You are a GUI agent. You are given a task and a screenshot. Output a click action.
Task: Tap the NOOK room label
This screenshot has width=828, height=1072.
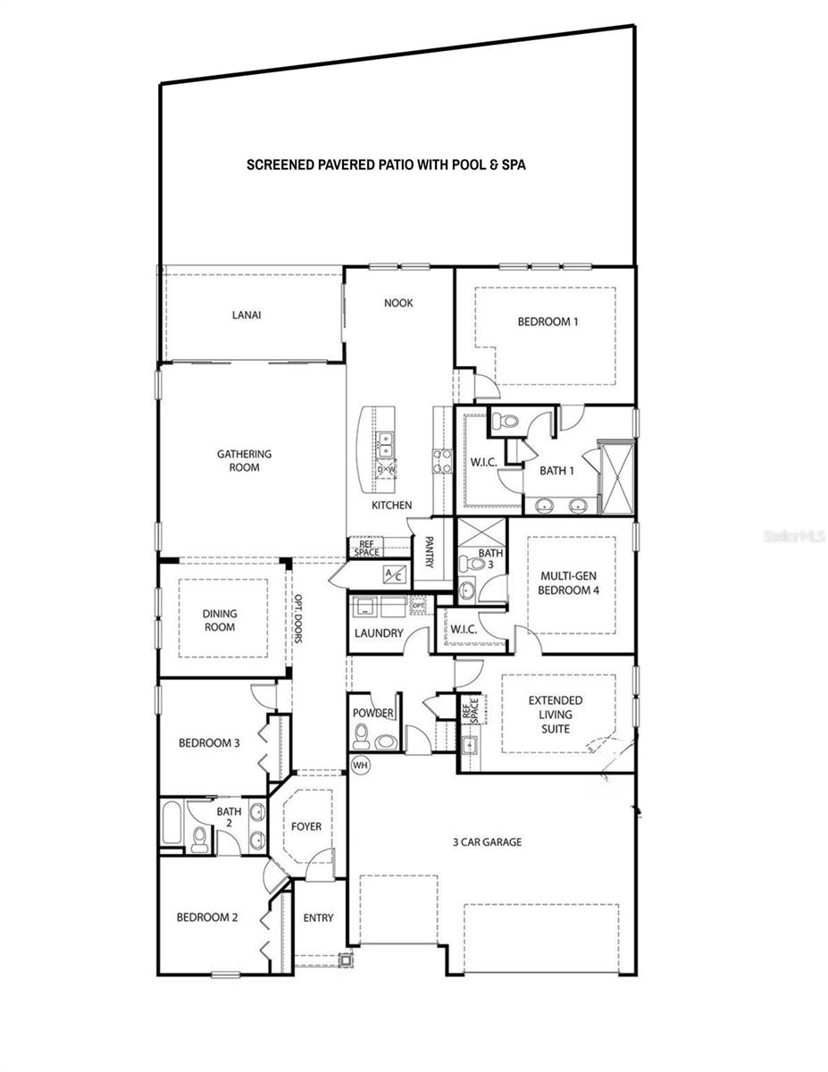pyautogui.click(x=398, y=303)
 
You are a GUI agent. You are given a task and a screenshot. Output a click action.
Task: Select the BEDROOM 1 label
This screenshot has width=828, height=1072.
pyautogui.click(x=548, y=322)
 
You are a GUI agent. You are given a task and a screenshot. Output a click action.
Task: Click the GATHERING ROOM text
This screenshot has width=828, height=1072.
pyautogui.click(x=244, y=460)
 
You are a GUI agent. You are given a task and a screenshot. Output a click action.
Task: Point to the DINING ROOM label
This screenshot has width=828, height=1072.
pyautogui.click(x=219, y=620)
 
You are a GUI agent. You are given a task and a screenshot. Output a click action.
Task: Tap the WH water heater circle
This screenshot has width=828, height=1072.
pyautogui.click(x=360, y=765)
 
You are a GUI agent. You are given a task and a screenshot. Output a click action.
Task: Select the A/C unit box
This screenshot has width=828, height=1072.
pyautogui.click(x=394, y=574)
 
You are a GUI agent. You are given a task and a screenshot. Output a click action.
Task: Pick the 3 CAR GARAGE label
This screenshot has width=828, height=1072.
pyautogui.click(x=486, y=842)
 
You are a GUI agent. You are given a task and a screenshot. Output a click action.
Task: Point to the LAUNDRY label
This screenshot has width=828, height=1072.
pyautogui.click(x=379, y=633)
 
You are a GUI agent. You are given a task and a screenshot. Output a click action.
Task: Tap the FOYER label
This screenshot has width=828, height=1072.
pyautogui.click(x=306, y=826)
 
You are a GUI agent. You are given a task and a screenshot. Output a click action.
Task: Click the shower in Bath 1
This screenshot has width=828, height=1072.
pyautogui.click(x=615, y=477)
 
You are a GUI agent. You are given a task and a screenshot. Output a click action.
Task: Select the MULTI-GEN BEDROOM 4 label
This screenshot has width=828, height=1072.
pyautogui.click(x=569, y=583)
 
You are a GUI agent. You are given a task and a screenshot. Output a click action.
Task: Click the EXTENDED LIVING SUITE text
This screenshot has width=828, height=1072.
pyautogui.click(x=555, y=715)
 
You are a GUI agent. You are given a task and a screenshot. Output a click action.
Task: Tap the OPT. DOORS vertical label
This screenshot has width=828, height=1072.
pyautogui.click(x=299, y=620)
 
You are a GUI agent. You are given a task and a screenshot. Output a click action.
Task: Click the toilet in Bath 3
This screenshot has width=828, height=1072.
pyautogui.click(x=464, y=564)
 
